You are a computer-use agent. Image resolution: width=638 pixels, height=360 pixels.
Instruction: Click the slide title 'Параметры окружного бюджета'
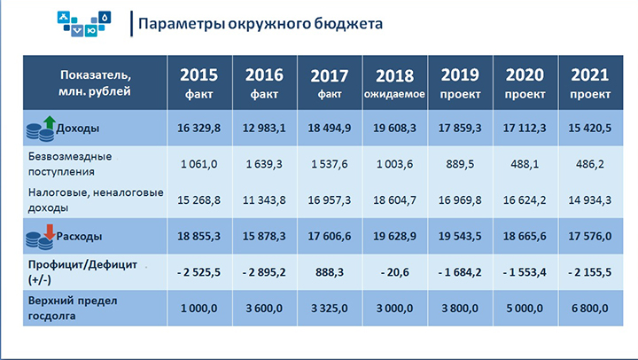(261, 24)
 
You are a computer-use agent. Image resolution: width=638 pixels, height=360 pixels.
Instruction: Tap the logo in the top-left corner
(84, 24)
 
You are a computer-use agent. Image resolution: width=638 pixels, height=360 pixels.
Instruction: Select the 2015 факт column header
(199, 83)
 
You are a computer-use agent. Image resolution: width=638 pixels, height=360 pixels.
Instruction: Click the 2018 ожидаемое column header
(394, 83)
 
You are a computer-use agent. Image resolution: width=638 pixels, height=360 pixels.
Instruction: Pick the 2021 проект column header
(590, 83)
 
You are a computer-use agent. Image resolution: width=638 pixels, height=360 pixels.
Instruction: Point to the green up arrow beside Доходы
(50, 122)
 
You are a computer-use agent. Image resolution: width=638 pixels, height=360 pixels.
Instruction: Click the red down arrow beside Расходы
(50, 231)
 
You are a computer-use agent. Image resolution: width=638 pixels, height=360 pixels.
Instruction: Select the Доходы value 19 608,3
(394, 129)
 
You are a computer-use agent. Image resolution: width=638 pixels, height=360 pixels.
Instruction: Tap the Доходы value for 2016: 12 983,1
(264, 129)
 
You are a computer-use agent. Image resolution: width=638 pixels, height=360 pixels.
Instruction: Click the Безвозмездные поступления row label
(70, 164)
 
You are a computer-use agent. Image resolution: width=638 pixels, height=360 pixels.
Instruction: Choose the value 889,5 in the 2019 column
(460, 164)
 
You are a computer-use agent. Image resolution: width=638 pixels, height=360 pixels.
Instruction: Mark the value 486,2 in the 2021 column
(590, 164)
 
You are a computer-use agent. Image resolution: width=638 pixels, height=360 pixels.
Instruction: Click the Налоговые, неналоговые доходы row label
(96, 200)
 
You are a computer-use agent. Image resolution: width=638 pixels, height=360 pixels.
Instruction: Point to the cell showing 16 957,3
(329, 200)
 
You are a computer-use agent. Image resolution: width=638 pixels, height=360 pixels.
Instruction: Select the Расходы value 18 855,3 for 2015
(199, 236)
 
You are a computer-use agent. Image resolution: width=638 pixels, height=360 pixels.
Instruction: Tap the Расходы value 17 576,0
(590, 236)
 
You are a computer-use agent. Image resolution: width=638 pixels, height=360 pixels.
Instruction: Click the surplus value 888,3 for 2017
(329, 272)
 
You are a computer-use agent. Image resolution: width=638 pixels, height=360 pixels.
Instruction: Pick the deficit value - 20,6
(394, 272)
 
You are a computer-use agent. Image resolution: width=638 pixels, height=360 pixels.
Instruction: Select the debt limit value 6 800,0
(590, 309)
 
